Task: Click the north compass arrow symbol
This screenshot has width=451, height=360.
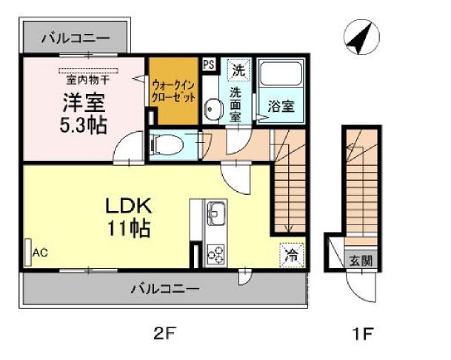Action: click(x=360, y=39)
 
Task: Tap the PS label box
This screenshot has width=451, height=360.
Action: click(x=209, y=64)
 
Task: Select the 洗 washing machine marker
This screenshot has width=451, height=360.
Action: click(x=238, y=71)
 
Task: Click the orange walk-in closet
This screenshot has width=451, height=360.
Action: click(x=174, y=91)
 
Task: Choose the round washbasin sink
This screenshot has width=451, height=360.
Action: click(x=213, y=110)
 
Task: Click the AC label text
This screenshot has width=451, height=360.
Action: click(x=40, y=253)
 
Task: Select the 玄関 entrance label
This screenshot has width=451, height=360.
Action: click(x=361, y=260)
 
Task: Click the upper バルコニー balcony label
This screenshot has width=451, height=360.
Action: click(x=75, y=36)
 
